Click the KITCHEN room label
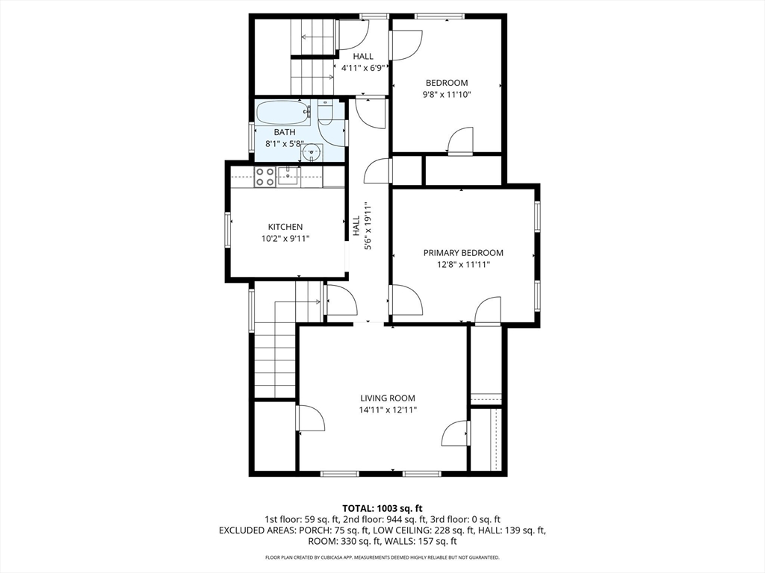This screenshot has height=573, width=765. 285,227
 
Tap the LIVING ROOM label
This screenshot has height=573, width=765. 388,398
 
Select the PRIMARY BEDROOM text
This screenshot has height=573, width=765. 463,252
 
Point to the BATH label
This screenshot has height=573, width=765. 285,132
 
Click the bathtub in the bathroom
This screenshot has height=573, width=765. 283,113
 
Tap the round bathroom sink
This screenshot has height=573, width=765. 311,152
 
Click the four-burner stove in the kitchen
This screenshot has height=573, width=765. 265,177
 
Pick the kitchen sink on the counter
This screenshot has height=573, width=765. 288,176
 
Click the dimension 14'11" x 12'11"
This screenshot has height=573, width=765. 388,410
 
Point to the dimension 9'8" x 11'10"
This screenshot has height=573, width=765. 447,95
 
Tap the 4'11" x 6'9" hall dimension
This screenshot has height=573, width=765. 364,68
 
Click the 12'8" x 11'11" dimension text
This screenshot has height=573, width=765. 463,265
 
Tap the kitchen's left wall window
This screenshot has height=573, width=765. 227,230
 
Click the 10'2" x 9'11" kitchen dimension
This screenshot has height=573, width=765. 285,239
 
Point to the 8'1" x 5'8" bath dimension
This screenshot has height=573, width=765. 285,144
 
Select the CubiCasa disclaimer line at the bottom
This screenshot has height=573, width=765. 382,557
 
